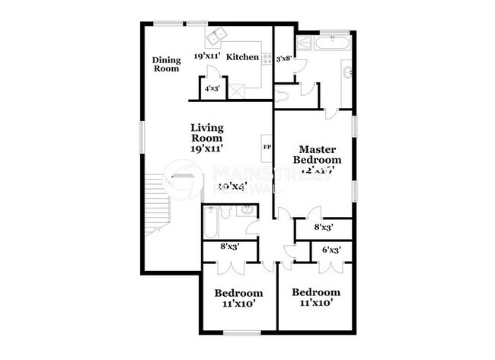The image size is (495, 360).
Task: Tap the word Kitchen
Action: point(243,56)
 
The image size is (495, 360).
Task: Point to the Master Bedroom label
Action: point(319,155)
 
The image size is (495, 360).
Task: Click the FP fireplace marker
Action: point(267,145)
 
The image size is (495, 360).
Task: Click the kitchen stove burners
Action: point(267,58)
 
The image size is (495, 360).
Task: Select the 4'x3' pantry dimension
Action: point(212,88)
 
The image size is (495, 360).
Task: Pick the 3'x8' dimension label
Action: point(285,58)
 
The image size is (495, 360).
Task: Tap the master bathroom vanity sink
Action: point(346,74)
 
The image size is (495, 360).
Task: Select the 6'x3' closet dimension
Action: point(331,249)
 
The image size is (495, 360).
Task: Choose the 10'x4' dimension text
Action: point(233,186)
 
